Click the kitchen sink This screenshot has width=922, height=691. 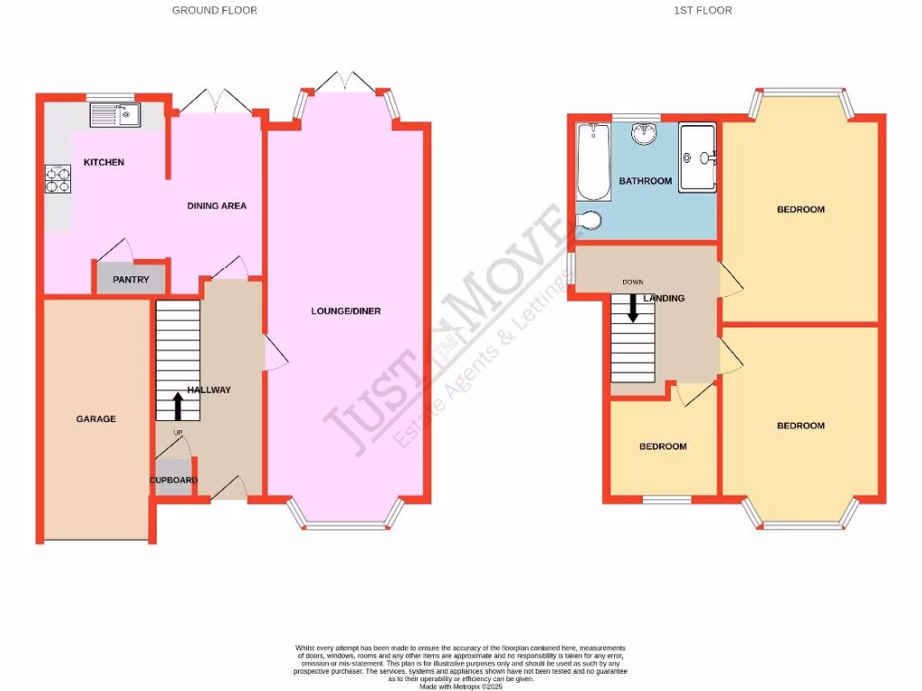[114, 114]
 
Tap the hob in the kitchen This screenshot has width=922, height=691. [58, 180]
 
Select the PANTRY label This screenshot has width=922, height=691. [131, 280]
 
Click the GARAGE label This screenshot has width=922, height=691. [95, 418]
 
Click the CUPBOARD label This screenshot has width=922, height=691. [173, 480]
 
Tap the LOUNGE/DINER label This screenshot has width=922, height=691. [346, 311]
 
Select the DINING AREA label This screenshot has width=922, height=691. [216, 206]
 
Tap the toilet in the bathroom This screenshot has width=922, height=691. [591, 220]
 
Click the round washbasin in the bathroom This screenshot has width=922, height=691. [645, 134]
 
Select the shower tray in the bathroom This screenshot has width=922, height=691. [697, 157]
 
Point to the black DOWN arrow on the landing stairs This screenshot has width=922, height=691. [633, 309]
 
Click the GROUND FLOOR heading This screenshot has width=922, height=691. [214, 11]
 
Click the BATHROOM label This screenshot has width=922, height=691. [645, 181]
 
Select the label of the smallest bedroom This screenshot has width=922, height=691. [663, 446]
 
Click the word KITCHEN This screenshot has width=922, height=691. [104, 162]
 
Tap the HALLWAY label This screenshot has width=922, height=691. [209, 390]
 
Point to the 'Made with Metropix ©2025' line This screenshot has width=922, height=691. [460, 685]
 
